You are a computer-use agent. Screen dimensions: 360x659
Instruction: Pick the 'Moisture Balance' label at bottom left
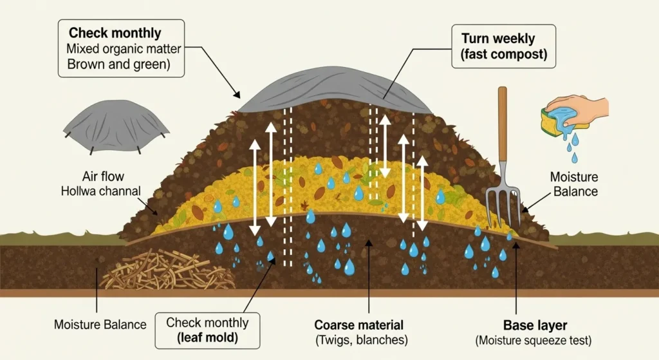[x=100, y=325]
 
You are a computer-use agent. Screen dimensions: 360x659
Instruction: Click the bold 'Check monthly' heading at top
[x=115, y=33]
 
